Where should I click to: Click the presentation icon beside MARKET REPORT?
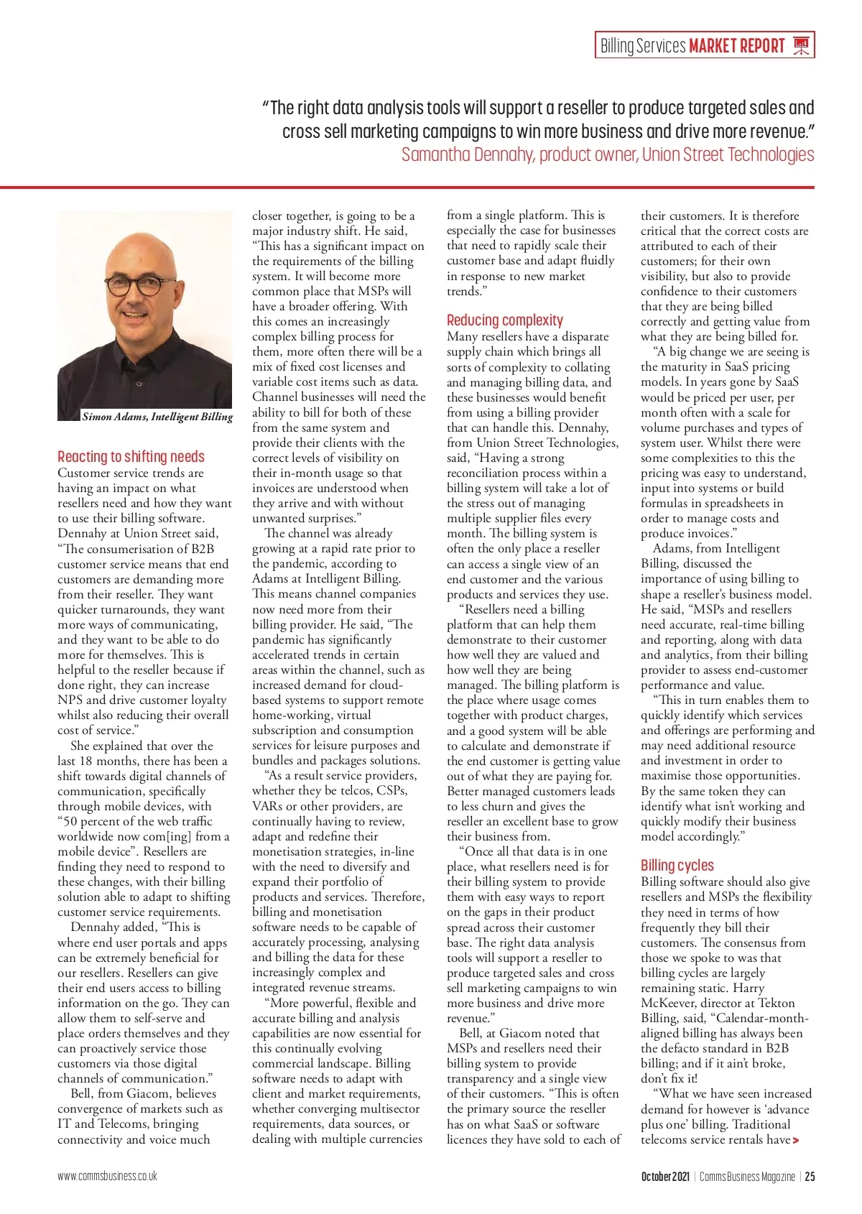tap(801, 46)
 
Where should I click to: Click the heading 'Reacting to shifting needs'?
tap(131, 456)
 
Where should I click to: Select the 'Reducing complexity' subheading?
tap(504, 320)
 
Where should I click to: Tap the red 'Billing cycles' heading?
tap(677, 865)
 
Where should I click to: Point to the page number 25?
tap(810, 1176)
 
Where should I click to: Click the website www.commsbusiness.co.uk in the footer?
tap(107, 1176)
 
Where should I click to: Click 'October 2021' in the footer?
tap(664, 1176)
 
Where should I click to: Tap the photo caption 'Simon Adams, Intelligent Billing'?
tap(157, 417)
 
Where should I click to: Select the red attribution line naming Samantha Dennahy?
tap(608, 154)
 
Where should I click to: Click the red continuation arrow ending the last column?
tap(795, 1140)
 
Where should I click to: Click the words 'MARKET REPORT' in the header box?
tap(736, 46)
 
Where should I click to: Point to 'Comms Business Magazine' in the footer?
tap(747, 1176)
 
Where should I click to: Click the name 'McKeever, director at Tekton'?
tap(718, 1003)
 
